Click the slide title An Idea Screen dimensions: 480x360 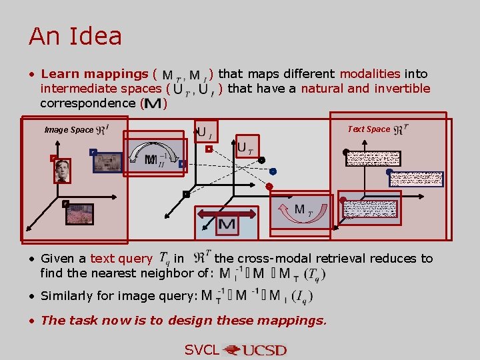coord(75,36)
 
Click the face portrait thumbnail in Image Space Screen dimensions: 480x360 coord(63,171)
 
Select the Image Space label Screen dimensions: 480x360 coord(69,129)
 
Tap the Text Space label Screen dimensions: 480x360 coord(369,129)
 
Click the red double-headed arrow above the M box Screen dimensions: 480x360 coord(227,213)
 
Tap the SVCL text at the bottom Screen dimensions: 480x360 coord(201,350)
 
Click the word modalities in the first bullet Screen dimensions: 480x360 coord(369,73)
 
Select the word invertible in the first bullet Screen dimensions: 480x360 coord(402,88)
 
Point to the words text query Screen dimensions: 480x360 coord(121,258)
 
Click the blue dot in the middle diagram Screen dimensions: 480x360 coord(273,171)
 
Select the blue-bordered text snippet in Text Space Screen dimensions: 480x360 coord(417,179)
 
